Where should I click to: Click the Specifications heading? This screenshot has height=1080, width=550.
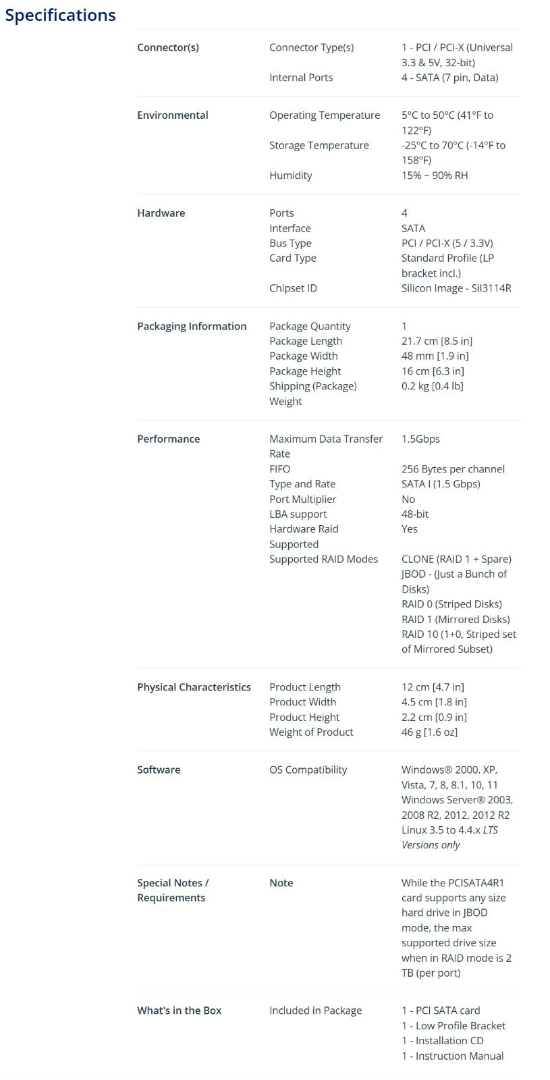pyautogui.click(x=60, y=15)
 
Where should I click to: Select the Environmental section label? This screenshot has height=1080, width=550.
pyautogui.click(x=172, y=115)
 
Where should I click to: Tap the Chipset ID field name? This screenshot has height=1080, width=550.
pyautogui.click(x=293, y=288)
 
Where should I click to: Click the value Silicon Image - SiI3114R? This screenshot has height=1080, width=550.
pyautogui.click(x=456, y=288)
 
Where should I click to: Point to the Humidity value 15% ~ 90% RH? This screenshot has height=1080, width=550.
pyautogui.click(x=435, y=175)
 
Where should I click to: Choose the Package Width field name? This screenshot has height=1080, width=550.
pyautogui.click(x=303, y=356)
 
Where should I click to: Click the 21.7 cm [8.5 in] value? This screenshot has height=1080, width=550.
pyautogui.click(x=437, y=341)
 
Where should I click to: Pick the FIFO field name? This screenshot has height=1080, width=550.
pyautogui.click(x=279, y=469)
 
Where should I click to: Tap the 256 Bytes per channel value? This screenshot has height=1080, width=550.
pyautogui.click(x=453, y=469)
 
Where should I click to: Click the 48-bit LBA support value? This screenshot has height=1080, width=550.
pyautogui.click(x=415, y=514)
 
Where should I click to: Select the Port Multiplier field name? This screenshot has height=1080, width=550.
pyautogui.click(x=302, y=499)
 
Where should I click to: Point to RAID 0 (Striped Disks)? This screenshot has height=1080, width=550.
pyautogui.click(x=451, y=604)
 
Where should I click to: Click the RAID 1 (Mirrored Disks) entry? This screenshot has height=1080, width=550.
pyautogui.click(x=456, y=619)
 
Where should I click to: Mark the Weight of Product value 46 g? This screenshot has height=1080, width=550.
pyautogui.click(x=429, y=732)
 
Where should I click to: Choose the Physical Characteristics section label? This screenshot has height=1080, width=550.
pyautogui.click(x=194, y=687)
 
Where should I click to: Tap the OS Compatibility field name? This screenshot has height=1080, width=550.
pyautogui.click(x=308, y=769)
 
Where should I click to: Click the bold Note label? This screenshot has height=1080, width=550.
pyautogui.click(x=281, y=883)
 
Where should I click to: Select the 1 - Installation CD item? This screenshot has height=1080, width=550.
pyautogui.click(x=442, y=1041)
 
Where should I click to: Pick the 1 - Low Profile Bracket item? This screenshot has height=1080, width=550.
pyautogui.click(x=453, y=1025)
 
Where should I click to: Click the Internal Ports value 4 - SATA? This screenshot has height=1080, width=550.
pyautogui.click(x=449, y=78)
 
